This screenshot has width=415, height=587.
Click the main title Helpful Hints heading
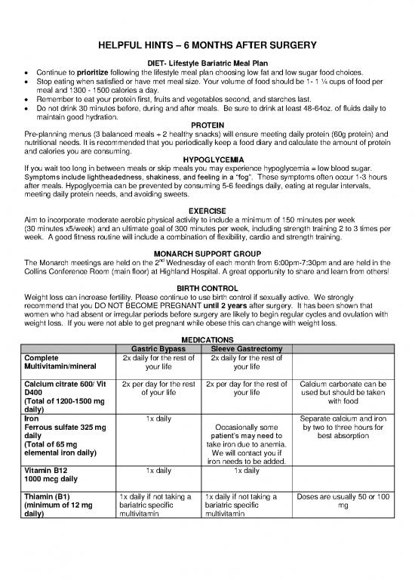[x=207, y=46]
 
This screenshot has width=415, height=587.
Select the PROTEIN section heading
[x=207, y=124]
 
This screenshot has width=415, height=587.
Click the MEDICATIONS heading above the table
[x=207, y=338]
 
